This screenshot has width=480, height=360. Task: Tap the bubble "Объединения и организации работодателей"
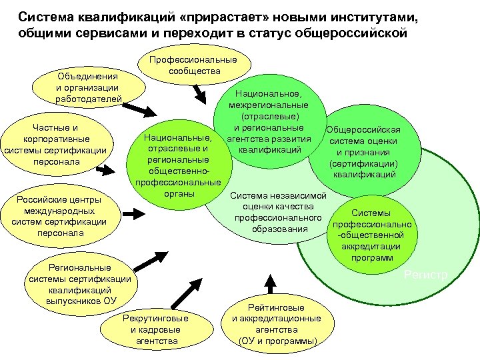point(88,87)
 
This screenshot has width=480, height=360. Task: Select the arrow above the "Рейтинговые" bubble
point(270,283)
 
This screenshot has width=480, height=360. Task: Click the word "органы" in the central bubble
point(178,194)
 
